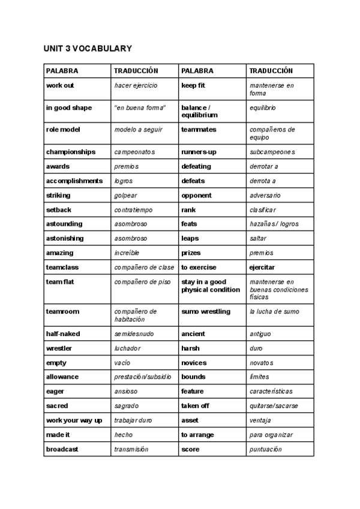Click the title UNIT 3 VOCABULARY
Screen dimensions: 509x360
[88, 49]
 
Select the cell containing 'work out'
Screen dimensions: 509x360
[60, 86]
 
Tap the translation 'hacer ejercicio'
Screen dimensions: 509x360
[136, 86]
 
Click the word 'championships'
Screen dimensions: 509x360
[71, 152]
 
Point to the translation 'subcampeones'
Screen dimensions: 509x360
[272, 152]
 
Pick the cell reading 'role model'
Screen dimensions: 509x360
[63, 130]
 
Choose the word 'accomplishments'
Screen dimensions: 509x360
[74, 181]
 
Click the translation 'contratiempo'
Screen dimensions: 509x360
[133, 210]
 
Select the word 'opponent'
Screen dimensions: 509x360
[196, 195]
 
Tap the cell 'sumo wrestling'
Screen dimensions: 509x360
[206, 312]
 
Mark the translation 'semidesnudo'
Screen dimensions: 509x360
[134, 334]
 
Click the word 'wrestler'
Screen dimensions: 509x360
[59, 348]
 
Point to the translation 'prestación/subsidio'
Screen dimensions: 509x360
[143, 377]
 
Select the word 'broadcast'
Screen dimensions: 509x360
[62, 449]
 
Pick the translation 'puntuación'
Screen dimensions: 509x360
[265, 449]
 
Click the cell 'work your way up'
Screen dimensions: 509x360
[74, 420]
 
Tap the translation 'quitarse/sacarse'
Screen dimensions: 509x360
[274, 406]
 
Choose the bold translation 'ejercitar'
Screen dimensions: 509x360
[262, 268]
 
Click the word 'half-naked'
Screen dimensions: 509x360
[63, 334]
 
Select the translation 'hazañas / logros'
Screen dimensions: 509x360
[274, 224]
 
